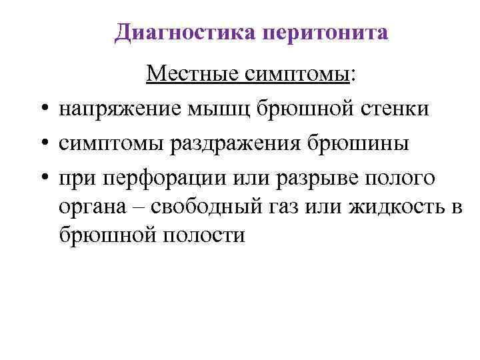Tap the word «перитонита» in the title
(x=326, y=31)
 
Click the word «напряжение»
(x=119, y=108)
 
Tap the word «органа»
(x=93, y=205)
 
